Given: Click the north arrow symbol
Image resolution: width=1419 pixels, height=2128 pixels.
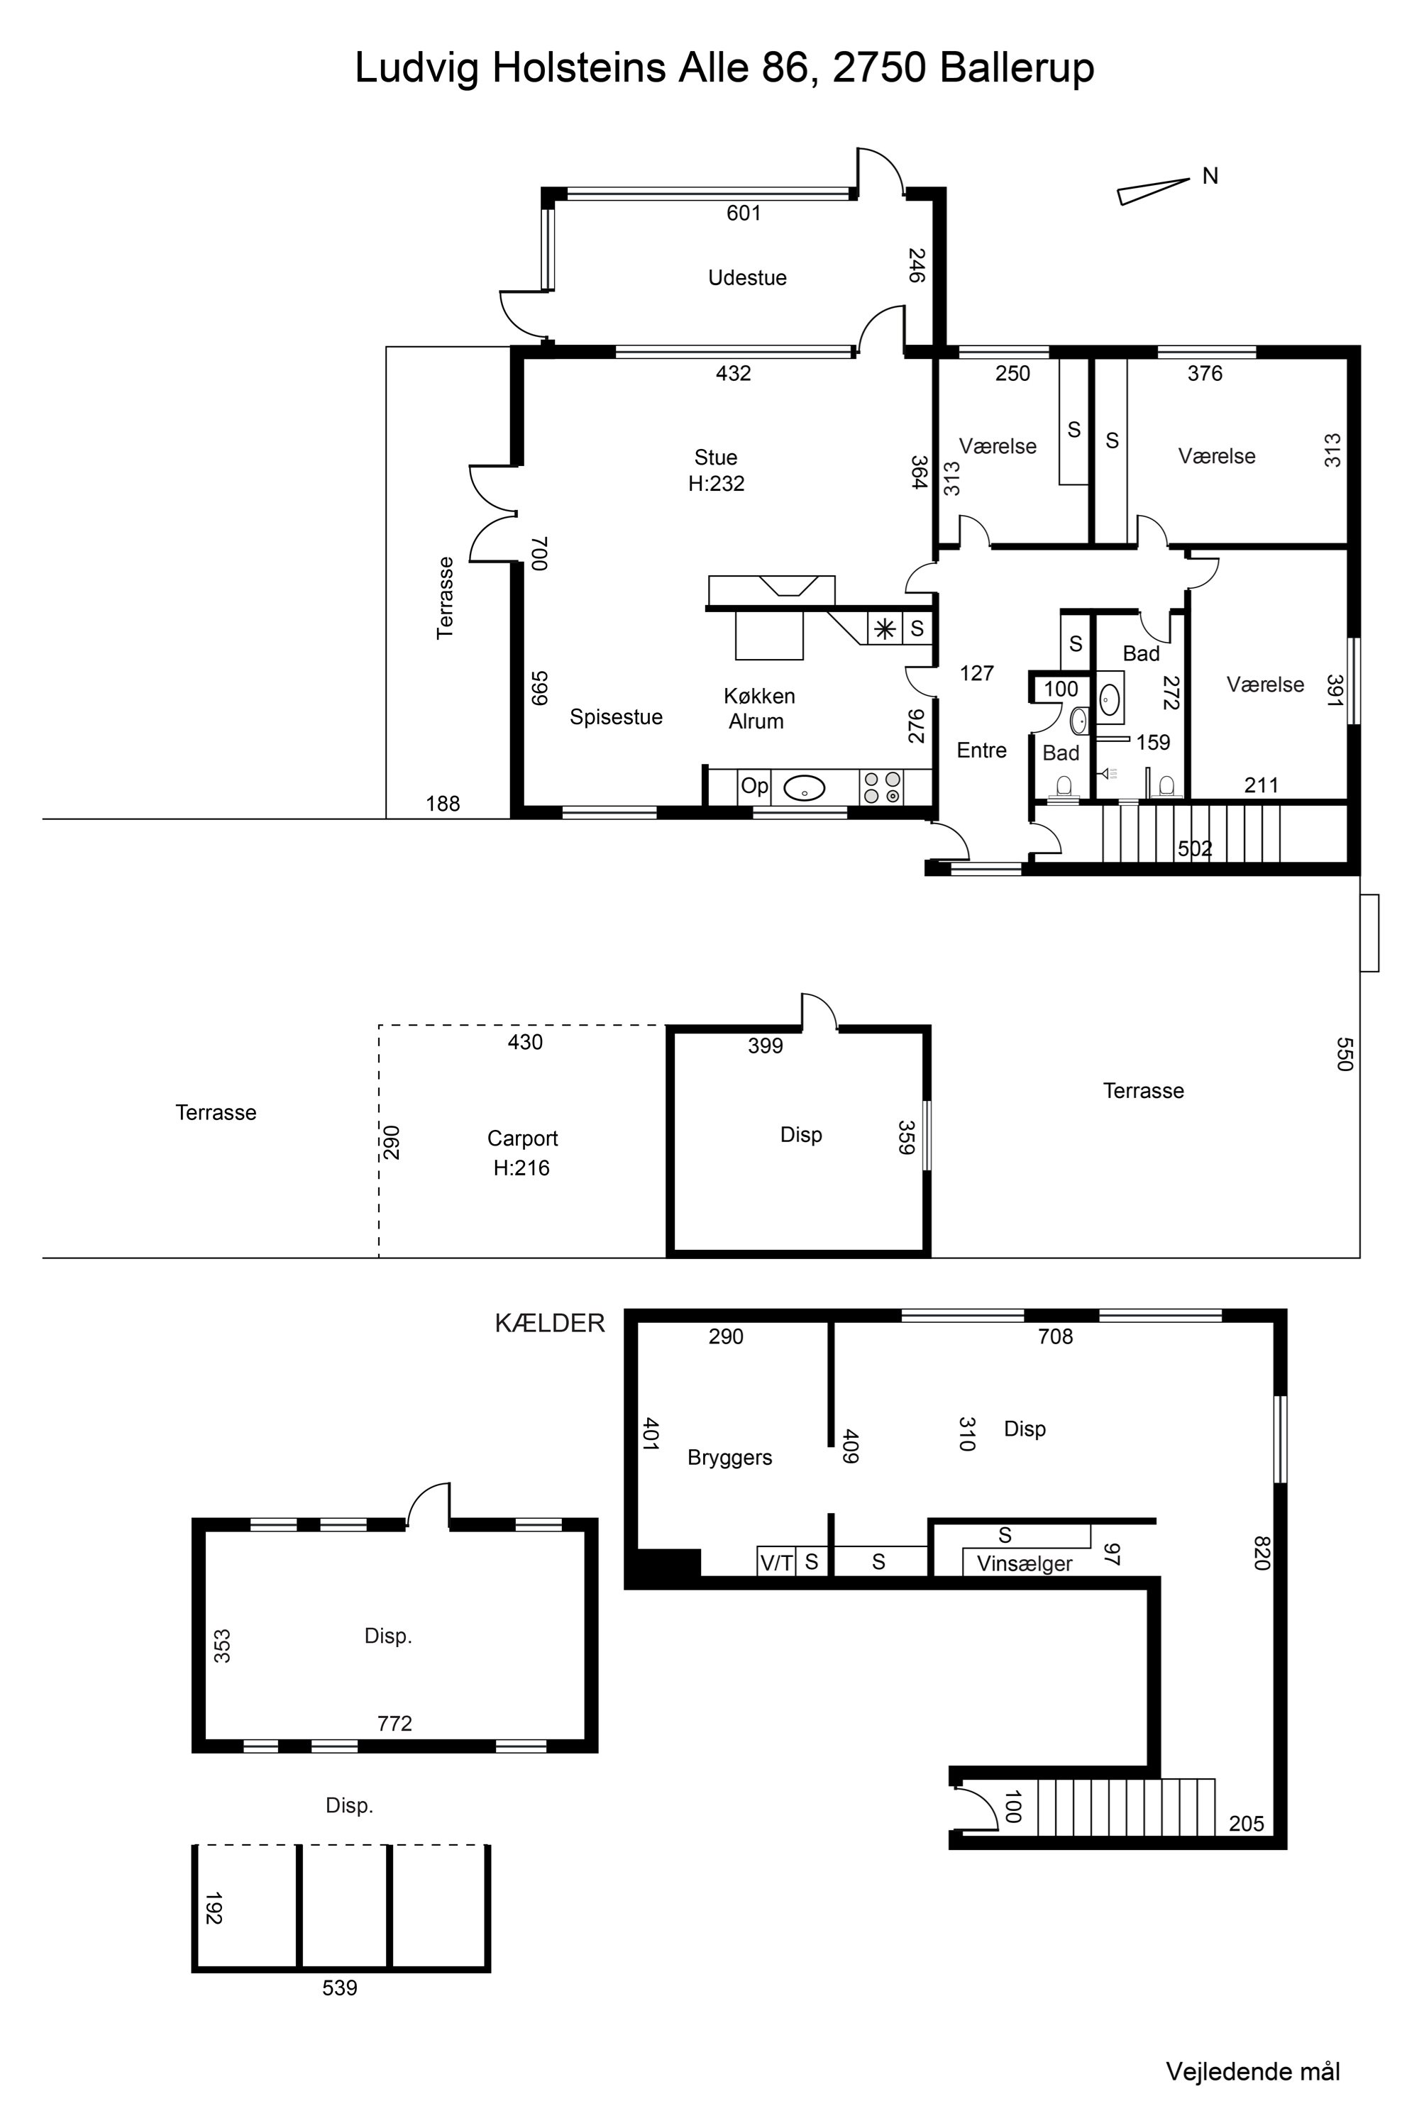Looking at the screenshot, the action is pyautogui.click(x=1153, y=191).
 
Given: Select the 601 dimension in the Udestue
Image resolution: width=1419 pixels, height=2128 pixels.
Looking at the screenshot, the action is pyautogui.click(x=744, y=213).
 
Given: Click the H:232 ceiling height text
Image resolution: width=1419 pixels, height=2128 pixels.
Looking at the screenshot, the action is pyautogui.click(x=716, y=483).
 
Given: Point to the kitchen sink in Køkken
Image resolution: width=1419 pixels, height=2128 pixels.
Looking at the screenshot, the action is pyautogui.click(x=804, y=788).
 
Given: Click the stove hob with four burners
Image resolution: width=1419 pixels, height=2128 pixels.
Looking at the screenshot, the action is pyautogui.click(x=881, y=787).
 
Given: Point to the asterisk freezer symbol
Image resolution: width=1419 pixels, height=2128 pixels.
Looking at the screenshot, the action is pyautogui.click(x=884, y=628).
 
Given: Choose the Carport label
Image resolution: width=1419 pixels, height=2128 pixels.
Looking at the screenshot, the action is pyautogui.click(x=522, y=1138).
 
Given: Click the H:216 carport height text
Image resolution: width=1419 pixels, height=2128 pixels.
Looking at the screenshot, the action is pyautogui.click(x=521, y=1168).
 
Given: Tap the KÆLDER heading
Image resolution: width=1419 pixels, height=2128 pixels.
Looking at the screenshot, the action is pyautogui.click(x=549, y=1323).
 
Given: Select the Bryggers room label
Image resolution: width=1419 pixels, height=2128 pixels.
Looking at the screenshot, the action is pyautogui.click(x=729, y=1458).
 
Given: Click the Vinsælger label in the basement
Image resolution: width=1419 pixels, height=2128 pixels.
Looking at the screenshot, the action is pyautogui.click(x=1025, y=1563).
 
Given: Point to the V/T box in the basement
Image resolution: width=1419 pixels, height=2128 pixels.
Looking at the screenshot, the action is pyautogui.click(x=776, y=1562).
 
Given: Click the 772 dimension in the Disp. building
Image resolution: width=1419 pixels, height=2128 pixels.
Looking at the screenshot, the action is pyautogui.click(x=394, y=1724).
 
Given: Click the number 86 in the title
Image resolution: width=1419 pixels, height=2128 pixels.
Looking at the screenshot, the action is pyautogui.click(x=785, y=68).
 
